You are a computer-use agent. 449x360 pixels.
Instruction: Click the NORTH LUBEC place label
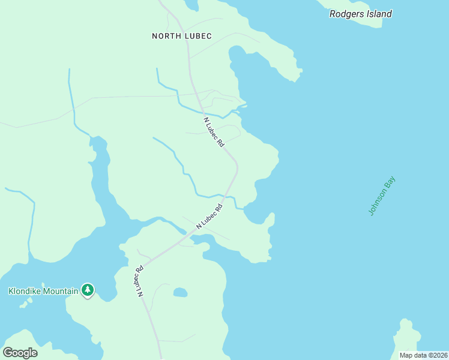point(181,36)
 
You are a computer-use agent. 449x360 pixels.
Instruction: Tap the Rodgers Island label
point(360,14)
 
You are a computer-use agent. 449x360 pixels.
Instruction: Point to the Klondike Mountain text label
point(43,292)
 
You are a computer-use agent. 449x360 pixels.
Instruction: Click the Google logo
point(20,353)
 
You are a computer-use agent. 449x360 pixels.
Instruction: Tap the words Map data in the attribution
point(412,355)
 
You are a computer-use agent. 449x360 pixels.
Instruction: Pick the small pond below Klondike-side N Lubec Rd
point(179,292)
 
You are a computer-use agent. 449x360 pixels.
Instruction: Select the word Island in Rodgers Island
point(379,14)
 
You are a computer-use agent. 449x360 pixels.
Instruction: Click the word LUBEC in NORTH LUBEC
point(197,36)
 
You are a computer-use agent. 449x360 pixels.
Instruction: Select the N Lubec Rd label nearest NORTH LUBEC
point(214,133)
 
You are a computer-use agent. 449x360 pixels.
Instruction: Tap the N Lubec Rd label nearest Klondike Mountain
point(139,281)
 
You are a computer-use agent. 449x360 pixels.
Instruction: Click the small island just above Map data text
point(408,337)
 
